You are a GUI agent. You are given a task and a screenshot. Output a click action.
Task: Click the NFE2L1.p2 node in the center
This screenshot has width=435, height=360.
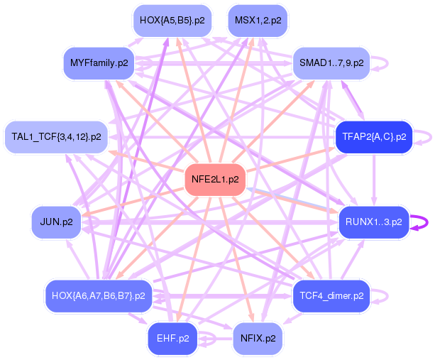[215, 180]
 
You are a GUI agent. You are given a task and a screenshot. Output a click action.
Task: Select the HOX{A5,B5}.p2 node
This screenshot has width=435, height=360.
[172, 21]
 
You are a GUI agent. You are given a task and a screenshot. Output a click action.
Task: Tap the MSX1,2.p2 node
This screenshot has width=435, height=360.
[257, 21]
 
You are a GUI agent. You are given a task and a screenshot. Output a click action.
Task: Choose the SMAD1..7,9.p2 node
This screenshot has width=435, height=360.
[331, 63]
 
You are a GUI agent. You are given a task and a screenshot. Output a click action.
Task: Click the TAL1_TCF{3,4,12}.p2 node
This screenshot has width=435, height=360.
[57, 136]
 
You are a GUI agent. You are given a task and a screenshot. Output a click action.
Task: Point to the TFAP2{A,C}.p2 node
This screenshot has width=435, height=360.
[374, 136]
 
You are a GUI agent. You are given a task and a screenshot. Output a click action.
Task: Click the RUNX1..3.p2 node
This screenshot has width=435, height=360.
[373, 222]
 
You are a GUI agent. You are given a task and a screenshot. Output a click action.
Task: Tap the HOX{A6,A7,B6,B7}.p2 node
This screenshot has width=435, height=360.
[99, 295]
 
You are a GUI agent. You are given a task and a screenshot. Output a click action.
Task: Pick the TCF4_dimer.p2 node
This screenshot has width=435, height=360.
[331, 295]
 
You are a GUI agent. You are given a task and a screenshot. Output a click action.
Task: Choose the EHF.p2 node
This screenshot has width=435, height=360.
[172, 338]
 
